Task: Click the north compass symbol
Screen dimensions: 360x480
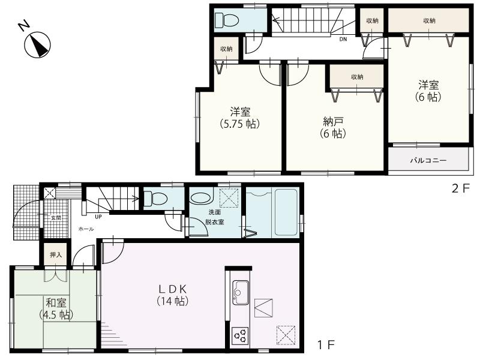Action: (35, 43)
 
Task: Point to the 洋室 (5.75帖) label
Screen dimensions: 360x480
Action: (239, 118)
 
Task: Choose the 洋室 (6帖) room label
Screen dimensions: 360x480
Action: (428, 91)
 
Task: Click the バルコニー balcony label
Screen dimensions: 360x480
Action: (428, 161)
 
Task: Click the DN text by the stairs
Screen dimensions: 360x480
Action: (343, 40)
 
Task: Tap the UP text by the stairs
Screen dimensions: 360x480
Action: (97, 217)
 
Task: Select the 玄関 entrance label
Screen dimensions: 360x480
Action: (55, 218)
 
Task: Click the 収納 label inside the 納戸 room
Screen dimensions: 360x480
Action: (357, 77)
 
